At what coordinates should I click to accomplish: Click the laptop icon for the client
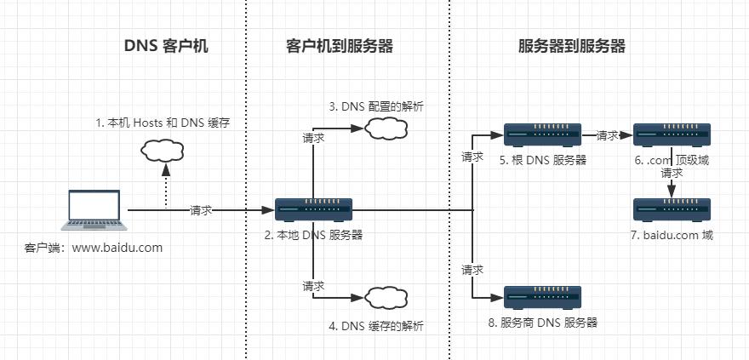point(96,211)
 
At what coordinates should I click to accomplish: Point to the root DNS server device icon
point(543,134)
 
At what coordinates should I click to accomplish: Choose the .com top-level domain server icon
point(672,134)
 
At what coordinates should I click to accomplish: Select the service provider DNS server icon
point(543,297)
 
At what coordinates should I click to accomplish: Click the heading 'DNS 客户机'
point(167,47)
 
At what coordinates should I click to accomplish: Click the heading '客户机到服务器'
point(339,47)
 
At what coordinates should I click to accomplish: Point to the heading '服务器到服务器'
point(572,47)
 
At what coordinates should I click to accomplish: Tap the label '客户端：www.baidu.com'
point(94,248)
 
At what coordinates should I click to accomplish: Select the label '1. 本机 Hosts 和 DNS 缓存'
point(163,123)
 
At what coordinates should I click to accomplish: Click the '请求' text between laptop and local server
point(201,210)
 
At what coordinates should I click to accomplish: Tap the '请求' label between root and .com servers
point(608,135)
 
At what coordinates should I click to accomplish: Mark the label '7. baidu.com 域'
point(672,235)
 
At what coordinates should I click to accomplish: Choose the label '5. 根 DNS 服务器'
point(543,159)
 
